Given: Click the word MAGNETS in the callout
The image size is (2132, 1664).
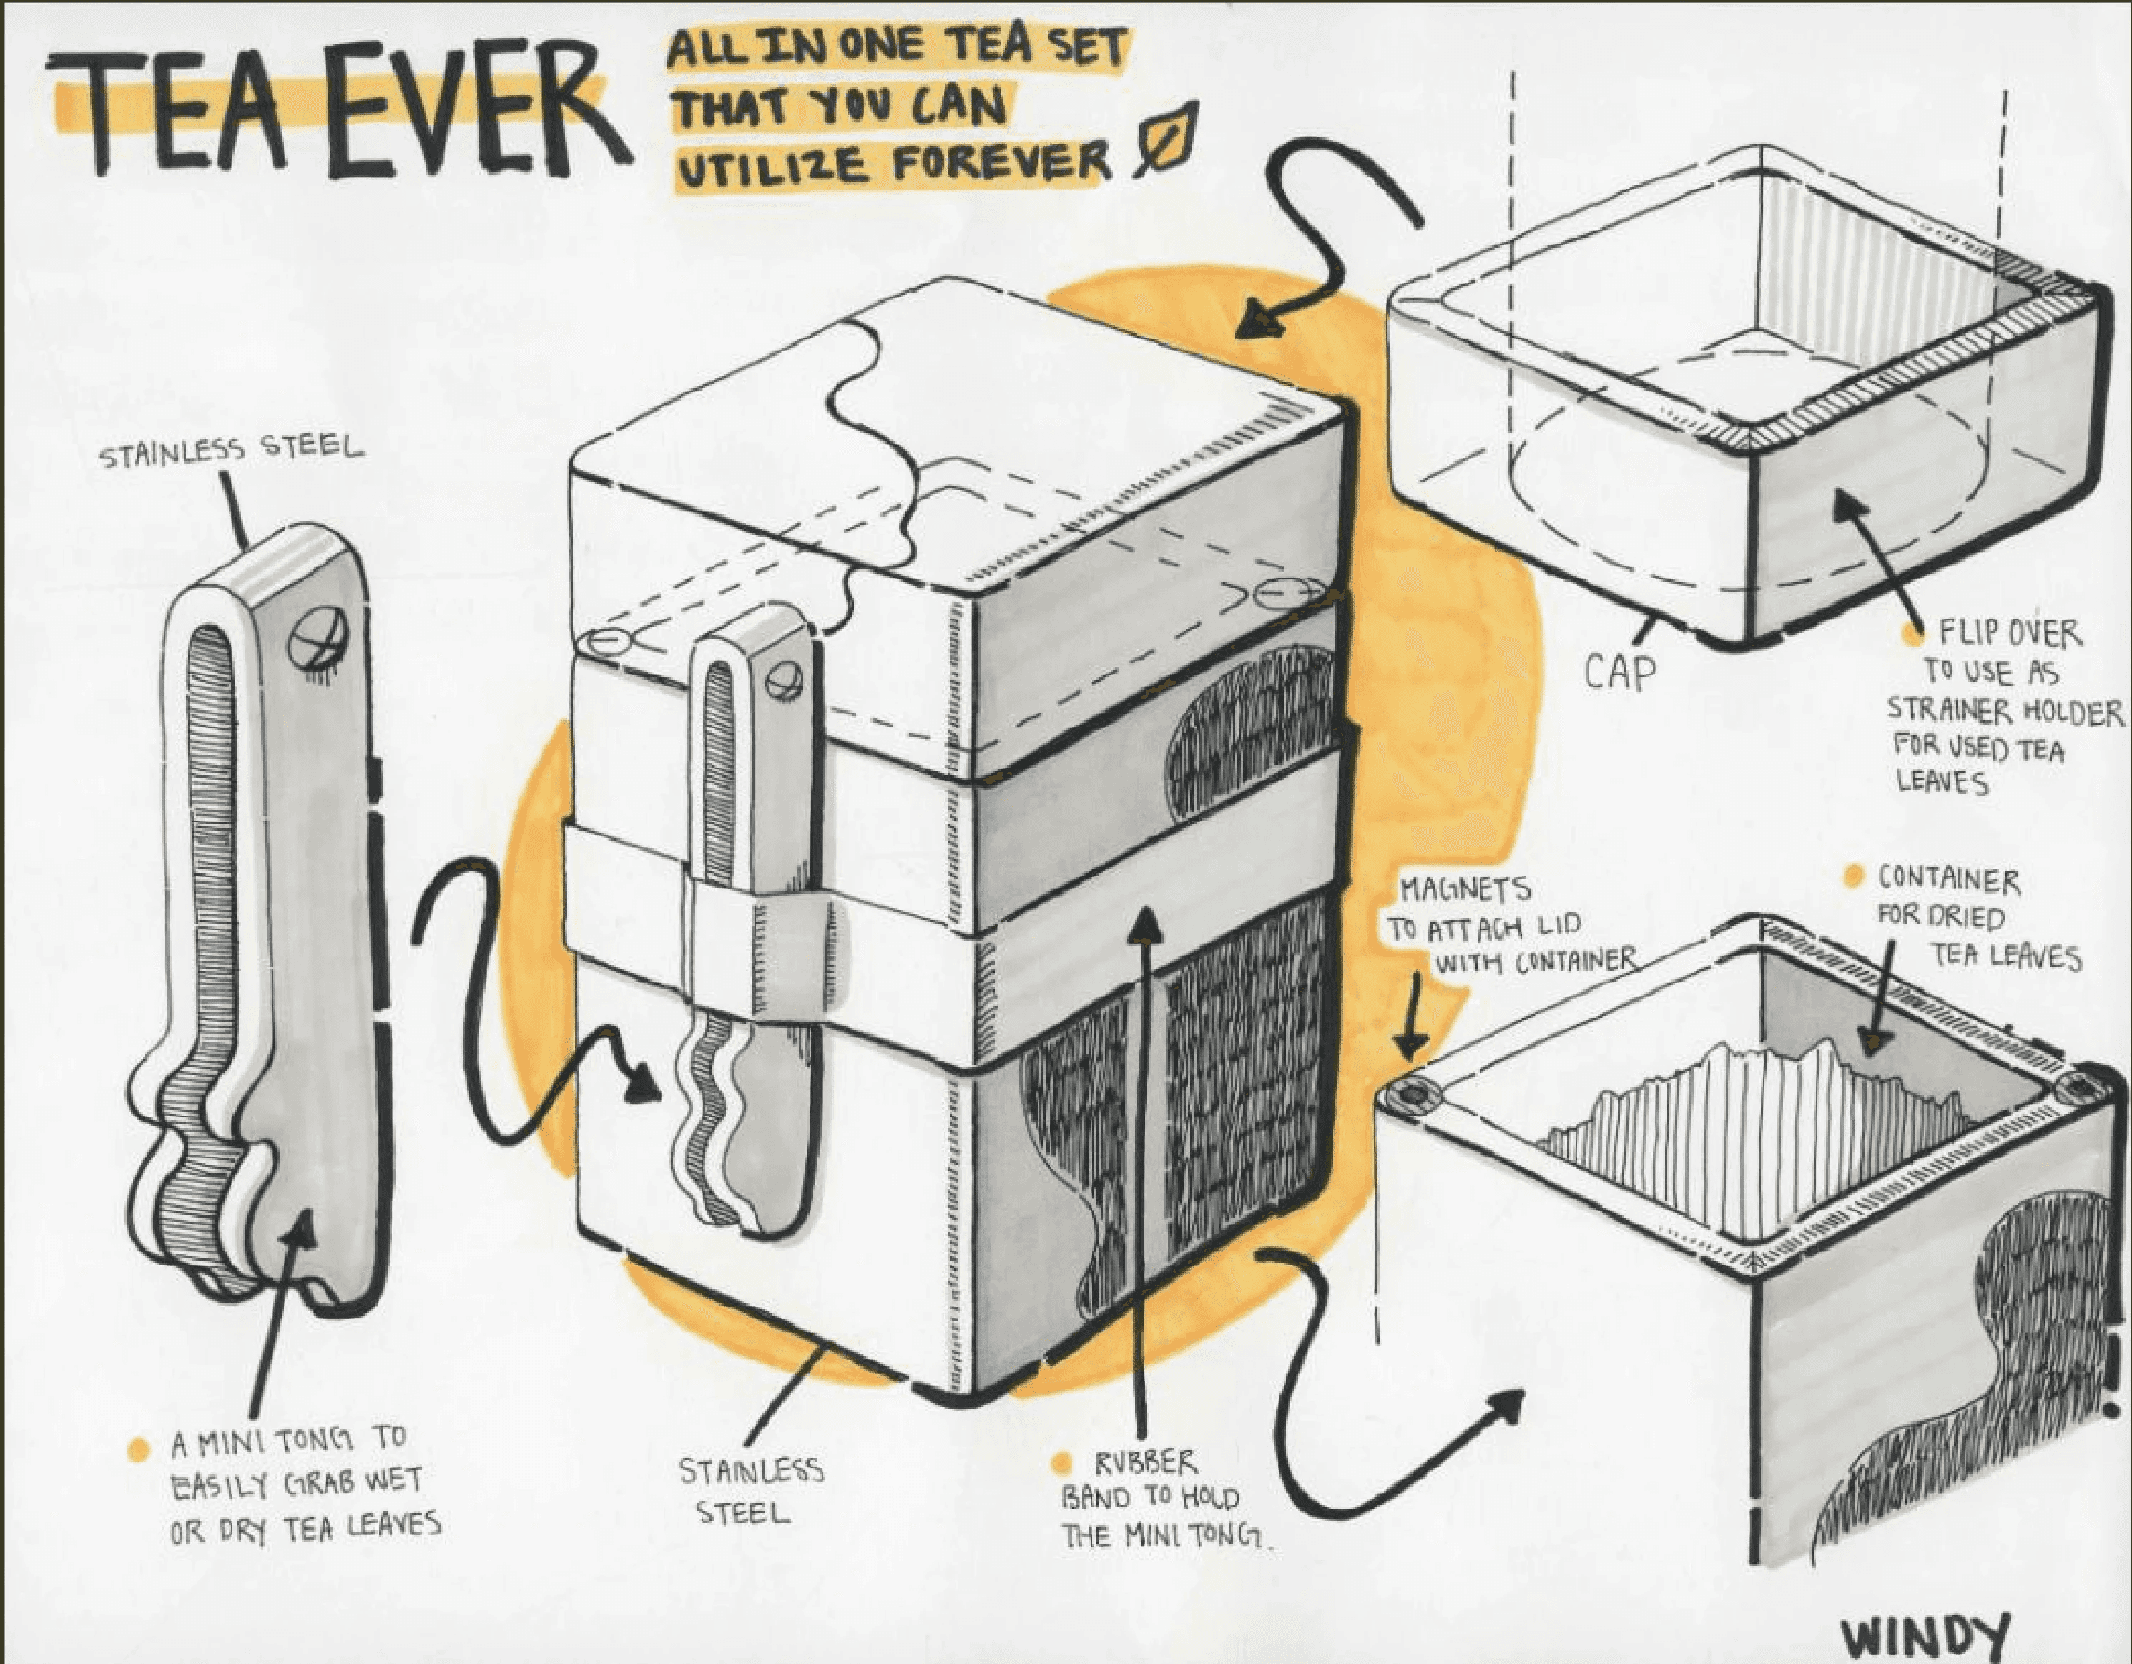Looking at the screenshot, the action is (x=1464, y=890).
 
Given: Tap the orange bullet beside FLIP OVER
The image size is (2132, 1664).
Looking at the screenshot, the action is (x=1910, y=635).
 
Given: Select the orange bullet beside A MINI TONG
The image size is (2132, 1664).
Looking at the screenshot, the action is (x=139, y=1449).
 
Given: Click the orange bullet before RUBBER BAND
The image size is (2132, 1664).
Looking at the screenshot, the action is (x=1062, y=1463).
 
